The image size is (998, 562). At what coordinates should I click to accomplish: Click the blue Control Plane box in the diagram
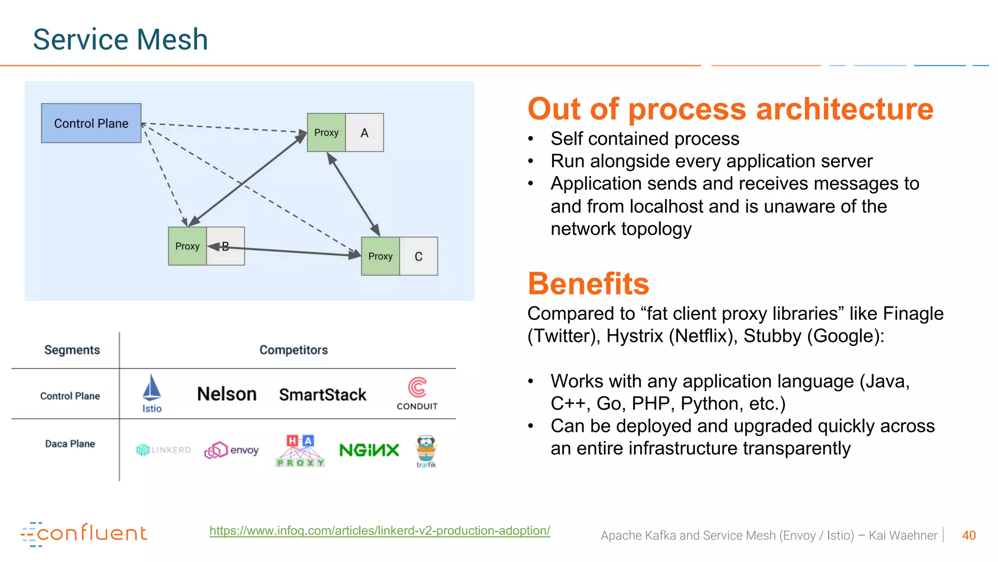[91, 123]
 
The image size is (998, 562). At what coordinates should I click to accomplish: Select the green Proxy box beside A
[326, 133]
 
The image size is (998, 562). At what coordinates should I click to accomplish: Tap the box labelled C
[419, 257]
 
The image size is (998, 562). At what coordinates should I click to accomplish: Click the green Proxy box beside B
[187, 246]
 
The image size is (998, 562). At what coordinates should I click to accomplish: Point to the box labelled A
[365, 133]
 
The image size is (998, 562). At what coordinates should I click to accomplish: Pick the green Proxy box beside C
[380, 257]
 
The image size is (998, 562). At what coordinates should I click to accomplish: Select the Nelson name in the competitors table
[227, 394]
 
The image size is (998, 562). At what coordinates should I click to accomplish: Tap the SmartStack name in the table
[323, 395]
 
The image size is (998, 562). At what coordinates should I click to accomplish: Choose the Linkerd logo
[164, 450]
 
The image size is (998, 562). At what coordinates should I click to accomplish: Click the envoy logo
[231, 450]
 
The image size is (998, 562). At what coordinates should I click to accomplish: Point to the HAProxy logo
[300, 451]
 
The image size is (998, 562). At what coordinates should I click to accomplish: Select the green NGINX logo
[369, 450]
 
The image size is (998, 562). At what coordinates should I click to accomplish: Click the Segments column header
[72, 350]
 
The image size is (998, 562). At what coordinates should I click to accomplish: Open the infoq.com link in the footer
[380, 531]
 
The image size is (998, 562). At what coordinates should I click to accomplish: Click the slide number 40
[969, 535]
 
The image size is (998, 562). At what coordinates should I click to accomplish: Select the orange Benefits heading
[588, 283]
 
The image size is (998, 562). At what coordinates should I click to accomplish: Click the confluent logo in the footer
[84, 534]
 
